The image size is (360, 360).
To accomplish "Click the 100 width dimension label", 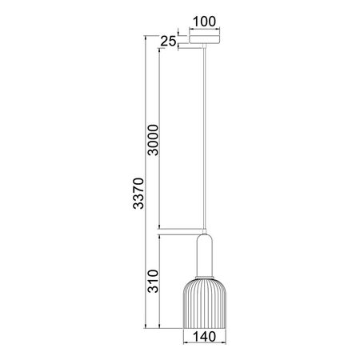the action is pos(204,22).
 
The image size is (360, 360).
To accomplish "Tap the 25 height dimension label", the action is pos(168,42).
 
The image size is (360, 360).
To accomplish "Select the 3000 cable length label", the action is pos(154,140).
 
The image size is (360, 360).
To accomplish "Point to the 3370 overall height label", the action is pos(138,194).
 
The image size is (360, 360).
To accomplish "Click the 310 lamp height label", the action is pos(154,282).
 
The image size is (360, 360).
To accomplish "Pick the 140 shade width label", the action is pos(204,337).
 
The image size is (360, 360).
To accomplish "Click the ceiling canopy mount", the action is pos(205,39).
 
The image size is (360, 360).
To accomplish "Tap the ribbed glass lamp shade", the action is pos(205,303).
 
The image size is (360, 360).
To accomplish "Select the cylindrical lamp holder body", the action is pos(205,255).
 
